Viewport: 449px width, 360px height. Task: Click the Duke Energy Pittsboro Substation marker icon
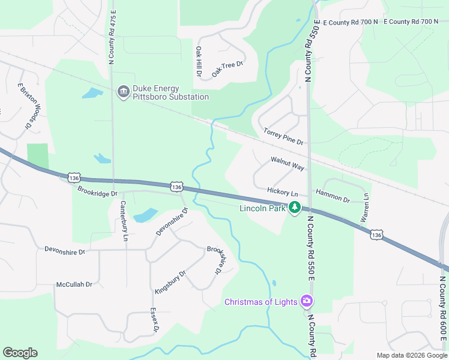point(124,91)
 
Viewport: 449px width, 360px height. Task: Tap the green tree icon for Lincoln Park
point(295,208)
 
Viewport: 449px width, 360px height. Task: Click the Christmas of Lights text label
point(261,301)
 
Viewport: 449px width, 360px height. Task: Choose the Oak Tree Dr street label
point(228,70)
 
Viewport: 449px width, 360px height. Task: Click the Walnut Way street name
point(287,163)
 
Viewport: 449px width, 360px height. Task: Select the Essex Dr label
point(154,322)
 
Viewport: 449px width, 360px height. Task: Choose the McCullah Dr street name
point(74,284)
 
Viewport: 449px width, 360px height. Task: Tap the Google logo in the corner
point(20,353)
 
